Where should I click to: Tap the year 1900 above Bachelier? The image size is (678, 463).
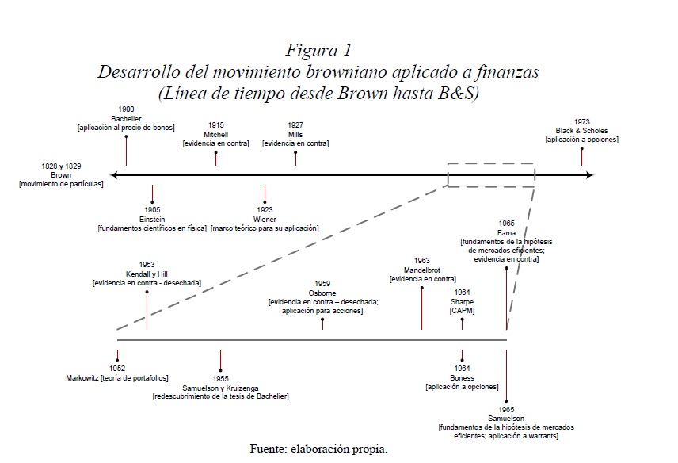click(x=126, y=109)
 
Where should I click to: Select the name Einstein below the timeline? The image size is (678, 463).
click(x=152, y=219)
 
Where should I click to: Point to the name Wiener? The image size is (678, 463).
click(x=265, y=219)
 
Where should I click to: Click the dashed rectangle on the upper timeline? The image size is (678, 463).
click(x=490, y=174)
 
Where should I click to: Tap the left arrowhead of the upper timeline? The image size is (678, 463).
click(x=115, y=174)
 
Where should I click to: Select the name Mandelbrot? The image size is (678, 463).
click(x=423, y=270)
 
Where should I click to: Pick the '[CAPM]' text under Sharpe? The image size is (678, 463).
click(x=462, y=311)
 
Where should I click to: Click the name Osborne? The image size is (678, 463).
click(x=322, y=293)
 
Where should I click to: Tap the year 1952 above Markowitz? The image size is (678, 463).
click(x=117, y=369)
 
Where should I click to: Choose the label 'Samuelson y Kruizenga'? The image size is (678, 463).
click(x=220, y=388)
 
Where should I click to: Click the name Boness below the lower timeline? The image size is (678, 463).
click(x=462, y=377)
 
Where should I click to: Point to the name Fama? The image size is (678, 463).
click(x=507, y=232)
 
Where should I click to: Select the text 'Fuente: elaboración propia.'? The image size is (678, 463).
click(x=318, y=449)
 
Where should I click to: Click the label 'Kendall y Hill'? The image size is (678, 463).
click(x=147, y=274)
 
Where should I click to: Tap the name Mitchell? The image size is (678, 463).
click(x=215, y=134)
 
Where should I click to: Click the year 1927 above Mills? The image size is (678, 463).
click(x=295, y=125)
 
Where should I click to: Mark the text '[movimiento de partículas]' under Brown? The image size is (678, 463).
click(x=61, y=184)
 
